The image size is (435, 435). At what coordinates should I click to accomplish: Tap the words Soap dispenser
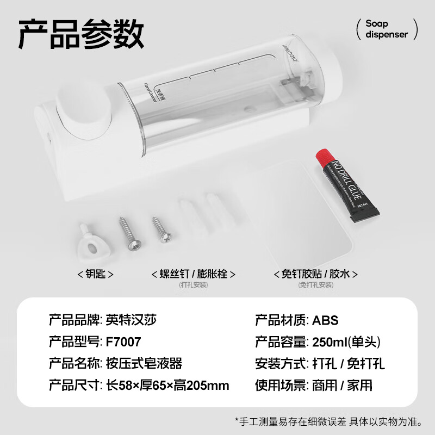pos(386,29)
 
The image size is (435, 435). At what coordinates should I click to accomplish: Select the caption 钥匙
pos(96,274)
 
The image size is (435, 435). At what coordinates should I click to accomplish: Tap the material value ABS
pos(325,320)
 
